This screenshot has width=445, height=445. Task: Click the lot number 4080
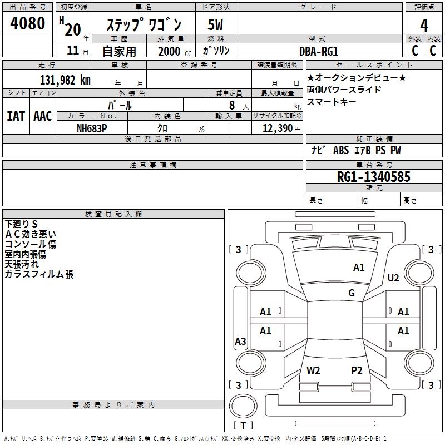28,24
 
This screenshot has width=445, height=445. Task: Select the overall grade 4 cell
424,25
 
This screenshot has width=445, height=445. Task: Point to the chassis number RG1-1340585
374,177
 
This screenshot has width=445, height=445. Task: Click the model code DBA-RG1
319,51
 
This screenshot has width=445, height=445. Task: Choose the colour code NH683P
92,128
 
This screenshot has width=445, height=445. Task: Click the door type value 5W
216,25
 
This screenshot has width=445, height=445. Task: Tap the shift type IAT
16,116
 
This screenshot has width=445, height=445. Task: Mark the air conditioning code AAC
43,116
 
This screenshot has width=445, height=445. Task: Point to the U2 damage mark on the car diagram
393,278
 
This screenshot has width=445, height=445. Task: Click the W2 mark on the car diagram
313,370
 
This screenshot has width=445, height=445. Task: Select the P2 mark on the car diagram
357,370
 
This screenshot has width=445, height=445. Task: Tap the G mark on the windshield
352,293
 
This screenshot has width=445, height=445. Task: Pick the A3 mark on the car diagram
240,342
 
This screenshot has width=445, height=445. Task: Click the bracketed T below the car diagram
243,426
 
